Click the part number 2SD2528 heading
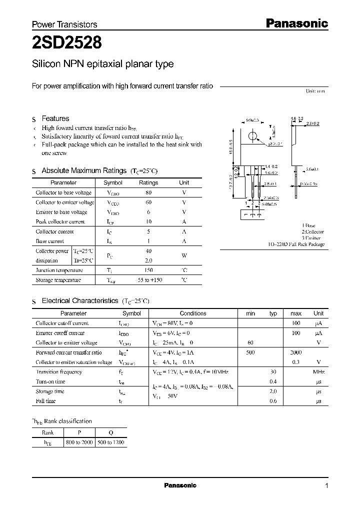67,43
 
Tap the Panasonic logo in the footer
180,485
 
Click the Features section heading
55,118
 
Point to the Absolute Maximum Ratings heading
84,170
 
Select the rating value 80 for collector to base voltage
148,192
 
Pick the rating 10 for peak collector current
148,221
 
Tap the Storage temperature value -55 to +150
148,280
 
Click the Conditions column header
193,313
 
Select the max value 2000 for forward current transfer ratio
296,352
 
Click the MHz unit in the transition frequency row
318,372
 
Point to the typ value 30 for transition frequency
273,372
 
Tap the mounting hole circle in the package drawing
253,136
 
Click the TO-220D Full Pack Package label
295,244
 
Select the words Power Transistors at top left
64,24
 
